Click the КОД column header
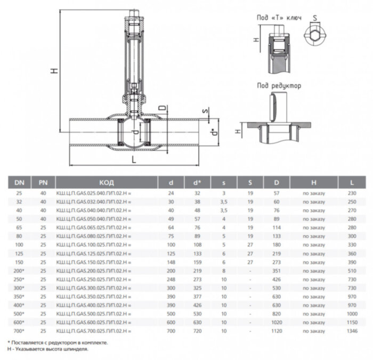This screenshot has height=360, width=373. (x=107, y=182)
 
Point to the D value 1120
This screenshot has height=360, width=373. (x=276, y=331)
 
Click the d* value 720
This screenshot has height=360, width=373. (x=197, y=331)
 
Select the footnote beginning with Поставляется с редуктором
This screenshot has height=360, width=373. (x=58, y=342)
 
